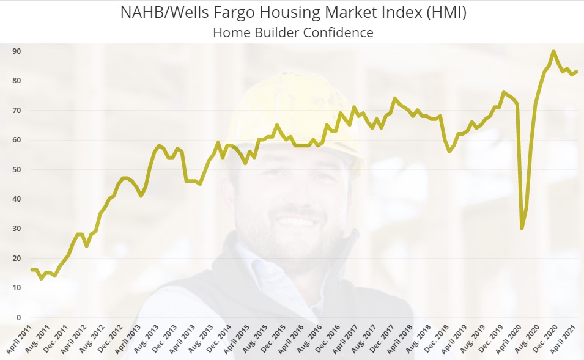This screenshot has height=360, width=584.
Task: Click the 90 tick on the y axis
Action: click(17, 51)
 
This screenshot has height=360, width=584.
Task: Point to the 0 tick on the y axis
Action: click(19, 318)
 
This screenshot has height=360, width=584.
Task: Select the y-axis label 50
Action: click(17, 170)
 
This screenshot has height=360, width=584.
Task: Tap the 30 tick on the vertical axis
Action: click(17, 229)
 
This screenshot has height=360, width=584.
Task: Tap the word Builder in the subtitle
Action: click(277, 32)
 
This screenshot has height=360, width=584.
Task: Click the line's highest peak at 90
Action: click(553, 51)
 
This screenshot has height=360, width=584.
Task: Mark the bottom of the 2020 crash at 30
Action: click(522, 229)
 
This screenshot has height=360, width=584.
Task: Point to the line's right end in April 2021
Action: click(576, 72)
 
